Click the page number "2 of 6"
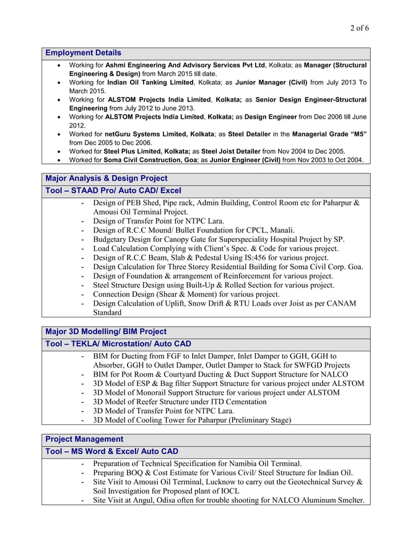pyautogui.click(x=360, y=28)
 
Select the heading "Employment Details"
pyautogui.click(x=83, y=53)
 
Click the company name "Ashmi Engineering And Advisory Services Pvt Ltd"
pyautogui.click(x=185, y=65)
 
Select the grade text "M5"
pyautogui.click(x=357, y=134)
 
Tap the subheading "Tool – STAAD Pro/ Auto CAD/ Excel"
pyautogui.click(x=113, y=191)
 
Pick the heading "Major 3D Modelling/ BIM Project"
pyautogui.click(x=106, y=332)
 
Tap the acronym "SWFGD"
pyautogui.click(x=308, y=365)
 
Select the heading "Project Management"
pyautogui.click(x=84, y=439)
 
